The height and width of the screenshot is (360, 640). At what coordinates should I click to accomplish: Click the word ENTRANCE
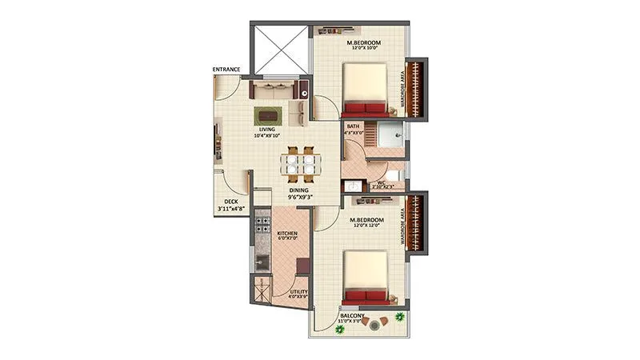(226, 70)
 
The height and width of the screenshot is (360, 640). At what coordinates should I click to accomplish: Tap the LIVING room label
(266, 128)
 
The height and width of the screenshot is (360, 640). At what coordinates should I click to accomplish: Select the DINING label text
(299, 190)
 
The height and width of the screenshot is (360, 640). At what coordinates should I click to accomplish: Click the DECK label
(230, 202)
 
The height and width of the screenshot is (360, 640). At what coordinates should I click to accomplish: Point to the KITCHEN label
(287, 232)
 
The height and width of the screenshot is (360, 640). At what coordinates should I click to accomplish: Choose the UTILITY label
(298, 293)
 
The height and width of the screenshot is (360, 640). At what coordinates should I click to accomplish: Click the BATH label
(353, 127)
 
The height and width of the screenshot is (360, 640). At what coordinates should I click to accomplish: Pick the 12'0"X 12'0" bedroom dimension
(368, 226)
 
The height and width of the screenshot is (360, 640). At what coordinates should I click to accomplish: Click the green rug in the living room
(266, 114)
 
